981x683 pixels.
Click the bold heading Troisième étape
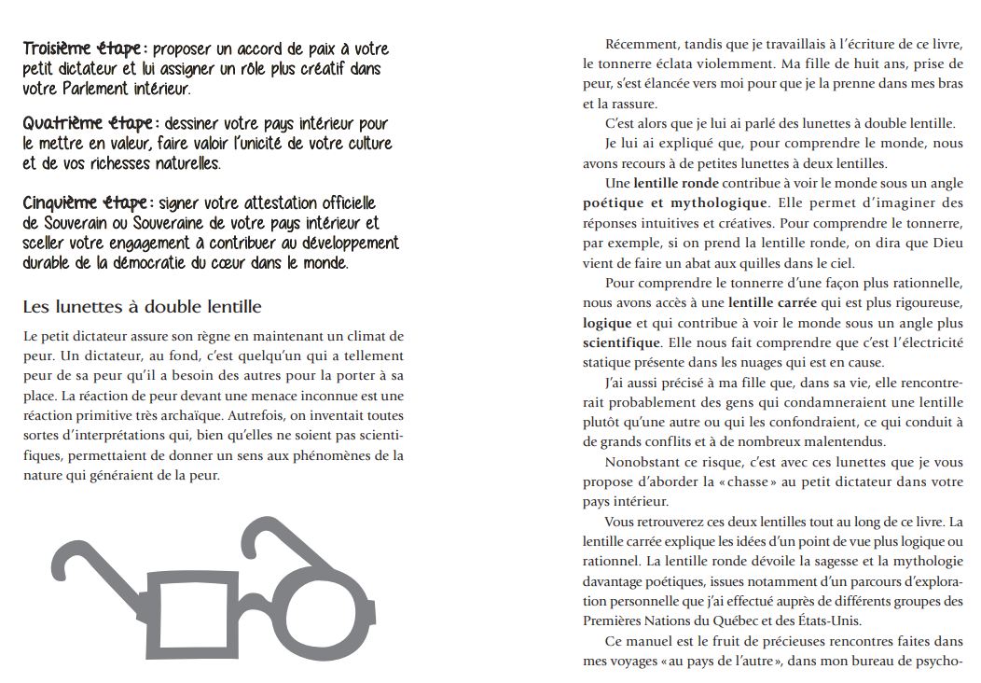pyautogui.click(x=82, y=49)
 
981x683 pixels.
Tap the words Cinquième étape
pyautogui.click(x=84, y=203)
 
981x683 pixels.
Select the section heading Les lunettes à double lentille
pyautogui.click(x=142, y=307)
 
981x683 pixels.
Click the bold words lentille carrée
pyautogui.click(x=768, y=302)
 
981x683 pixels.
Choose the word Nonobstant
pyautogui.click(x=643, y=462)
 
